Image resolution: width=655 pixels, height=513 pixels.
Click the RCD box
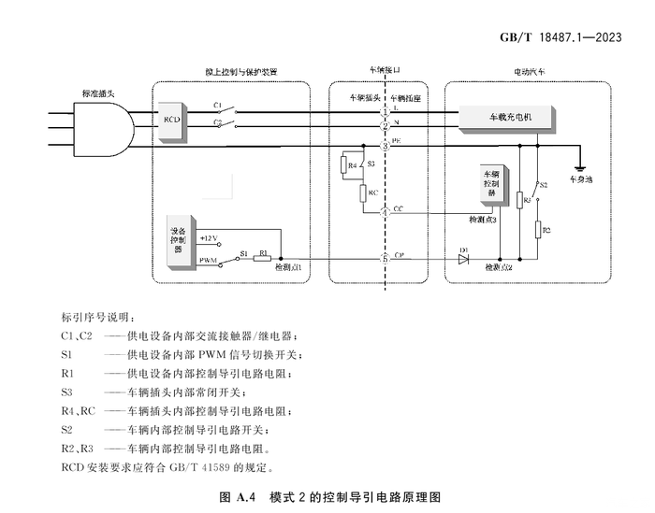coord(172,121)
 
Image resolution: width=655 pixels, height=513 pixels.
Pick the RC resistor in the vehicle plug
coord(362,192)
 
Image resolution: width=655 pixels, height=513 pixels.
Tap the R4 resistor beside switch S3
coord(352,166)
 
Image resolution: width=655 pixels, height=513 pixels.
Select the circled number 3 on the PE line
coord(385,147)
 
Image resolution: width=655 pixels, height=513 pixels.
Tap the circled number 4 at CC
coord(385,213)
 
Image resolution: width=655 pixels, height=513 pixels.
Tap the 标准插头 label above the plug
coord(100,92)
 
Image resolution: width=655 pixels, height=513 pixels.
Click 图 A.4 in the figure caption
coord(239,496)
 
